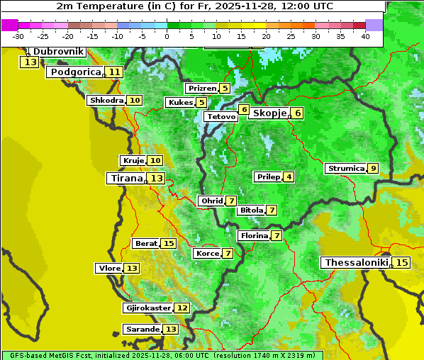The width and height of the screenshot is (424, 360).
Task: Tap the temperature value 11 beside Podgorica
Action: pos(114,72)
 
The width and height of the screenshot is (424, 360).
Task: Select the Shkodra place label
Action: pos(106,101)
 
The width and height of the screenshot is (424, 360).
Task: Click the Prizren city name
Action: pos(201,89)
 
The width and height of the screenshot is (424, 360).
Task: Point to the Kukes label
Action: pos(180,103)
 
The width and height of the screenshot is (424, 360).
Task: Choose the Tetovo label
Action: pos(220,116)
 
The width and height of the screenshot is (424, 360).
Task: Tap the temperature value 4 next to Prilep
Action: pos(289,176)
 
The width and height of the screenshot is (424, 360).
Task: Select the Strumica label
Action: pos(345,169)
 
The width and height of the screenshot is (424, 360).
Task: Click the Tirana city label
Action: pos(125,179)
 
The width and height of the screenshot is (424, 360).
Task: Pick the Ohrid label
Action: pos(211,201)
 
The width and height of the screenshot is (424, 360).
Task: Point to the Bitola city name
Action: pos(251,210)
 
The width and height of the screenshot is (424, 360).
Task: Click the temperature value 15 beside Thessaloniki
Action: pos(402,263)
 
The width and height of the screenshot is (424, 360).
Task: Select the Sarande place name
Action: pos(143,330)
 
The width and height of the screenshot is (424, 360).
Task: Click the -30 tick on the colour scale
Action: pos(19,36)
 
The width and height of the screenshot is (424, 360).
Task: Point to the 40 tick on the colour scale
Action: pos(365,36)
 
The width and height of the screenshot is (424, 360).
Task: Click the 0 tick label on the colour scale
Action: pos(167,36)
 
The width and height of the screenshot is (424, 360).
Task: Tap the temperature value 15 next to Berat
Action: pos(168,244)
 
